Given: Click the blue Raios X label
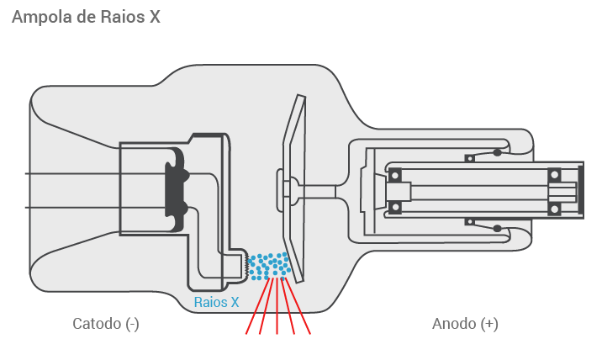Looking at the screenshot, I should point(216,302).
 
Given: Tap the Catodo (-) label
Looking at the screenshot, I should point(105,324).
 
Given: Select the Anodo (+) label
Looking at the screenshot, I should point(465,324).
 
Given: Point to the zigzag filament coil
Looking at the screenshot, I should point(247,265).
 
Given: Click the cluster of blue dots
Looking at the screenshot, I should point(271,266).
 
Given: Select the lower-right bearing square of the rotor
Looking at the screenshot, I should point(555,208).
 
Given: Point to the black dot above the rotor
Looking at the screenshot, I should point(498,152).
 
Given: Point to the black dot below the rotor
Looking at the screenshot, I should point(498,229).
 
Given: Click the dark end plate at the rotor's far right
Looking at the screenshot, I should point(580,191).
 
